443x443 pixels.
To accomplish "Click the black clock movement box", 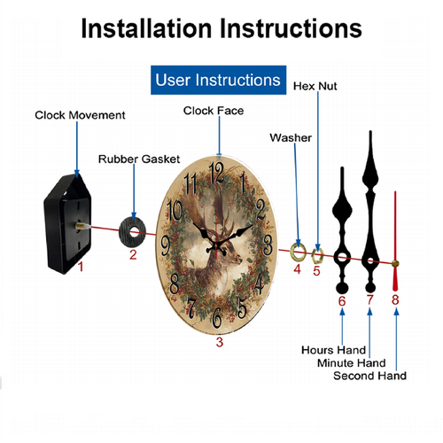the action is (x=67, y=224).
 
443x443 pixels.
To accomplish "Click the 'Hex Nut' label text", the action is (x=315, y=86).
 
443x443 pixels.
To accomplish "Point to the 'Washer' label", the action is (x=291, y=137).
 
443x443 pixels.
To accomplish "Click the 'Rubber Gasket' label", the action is (x=139, y=159).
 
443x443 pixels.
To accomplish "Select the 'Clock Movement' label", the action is (x=80, y=115).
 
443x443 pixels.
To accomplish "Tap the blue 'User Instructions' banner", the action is (x=218, y=80).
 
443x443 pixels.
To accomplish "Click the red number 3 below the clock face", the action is (x=220, y=342).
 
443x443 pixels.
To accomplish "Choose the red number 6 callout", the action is (x=342, y=301).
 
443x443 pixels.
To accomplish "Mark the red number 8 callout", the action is (x=395, y=299).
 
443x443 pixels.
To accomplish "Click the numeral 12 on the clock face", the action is (x=216, y=173).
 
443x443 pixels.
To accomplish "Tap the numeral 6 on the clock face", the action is (x=217, y=318).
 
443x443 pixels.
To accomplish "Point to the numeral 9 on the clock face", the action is (x=166, y=245).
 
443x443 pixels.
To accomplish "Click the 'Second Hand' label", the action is (x=369, y=376).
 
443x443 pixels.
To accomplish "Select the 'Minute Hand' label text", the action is (x=352, y=362).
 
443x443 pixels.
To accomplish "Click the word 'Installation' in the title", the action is (x=146, y=28).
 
